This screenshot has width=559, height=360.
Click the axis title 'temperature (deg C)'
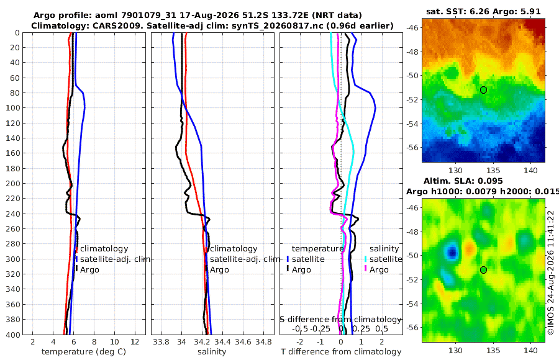[84, 352]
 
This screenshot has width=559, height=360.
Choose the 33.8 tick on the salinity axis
[161, 342]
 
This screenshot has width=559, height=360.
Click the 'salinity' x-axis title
[212, 352]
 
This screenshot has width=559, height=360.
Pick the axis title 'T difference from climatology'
[341, 352]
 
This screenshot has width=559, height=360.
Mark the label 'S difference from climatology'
[341, 319]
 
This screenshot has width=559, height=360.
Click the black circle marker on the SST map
[483, 90]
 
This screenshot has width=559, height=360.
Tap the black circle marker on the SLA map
[483, 270]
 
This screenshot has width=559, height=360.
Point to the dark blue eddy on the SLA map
[452, 253]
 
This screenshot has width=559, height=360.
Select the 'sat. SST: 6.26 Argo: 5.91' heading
[483, 11]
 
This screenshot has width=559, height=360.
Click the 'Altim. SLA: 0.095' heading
[463, 181]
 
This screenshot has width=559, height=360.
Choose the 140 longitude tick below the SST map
[530, 171]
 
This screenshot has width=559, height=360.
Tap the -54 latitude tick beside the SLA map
[412, 304]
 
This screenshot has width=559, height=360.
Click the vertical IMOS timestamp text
[551, 272]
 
